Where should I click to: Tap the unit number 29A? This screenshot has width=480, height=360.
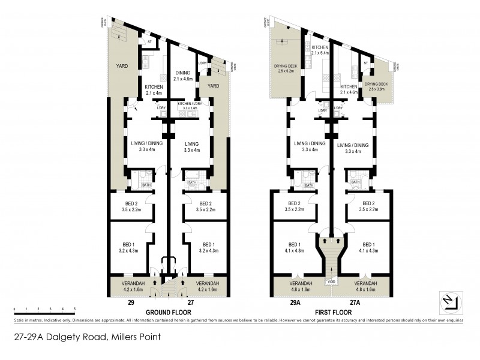(x=295, y=304)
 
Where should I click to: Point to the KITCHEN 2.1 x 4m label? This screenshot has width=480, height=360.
(x=154, y=90)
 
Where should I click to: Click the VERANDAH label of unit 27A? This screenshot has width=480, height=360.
(x=365, y=286)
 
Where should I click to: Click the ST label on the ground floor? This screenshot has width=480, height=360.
(x=148, y=43)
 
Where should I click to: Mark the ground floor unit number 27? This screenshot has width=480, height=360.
(x=191, y=304)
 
